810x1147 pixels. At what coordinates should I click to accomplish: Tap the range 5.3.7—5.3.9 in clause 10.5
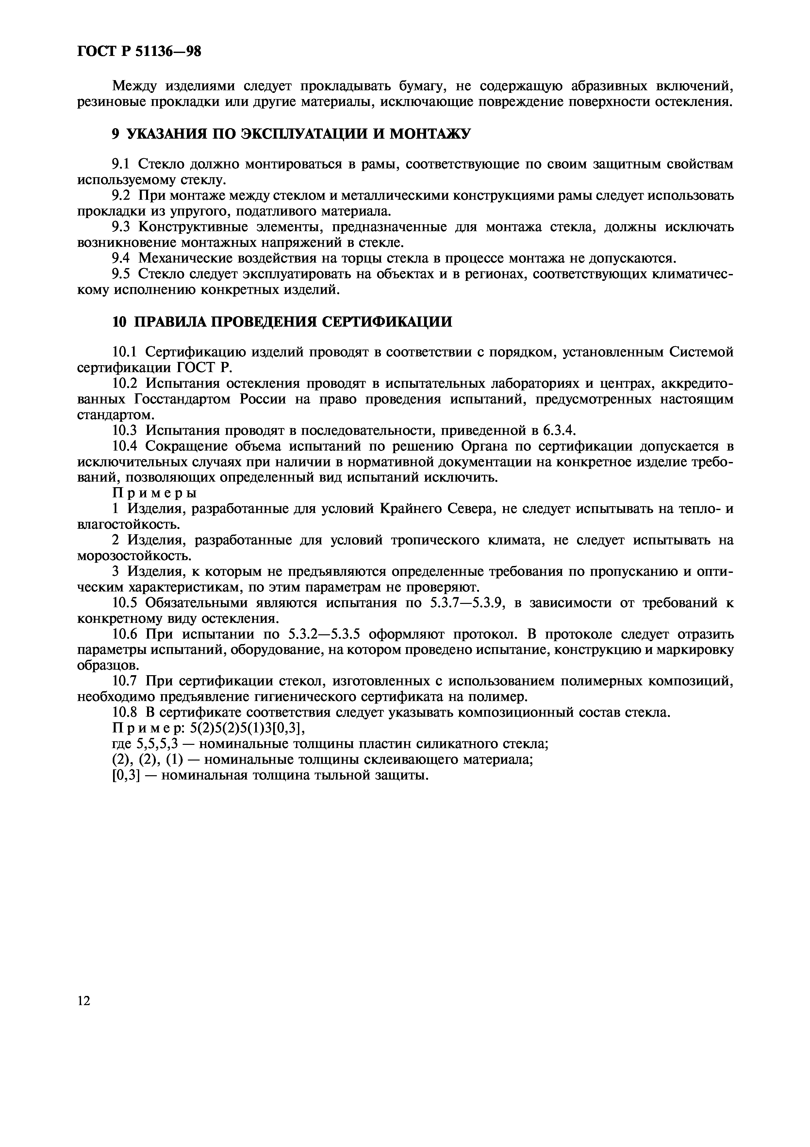click(469, 603)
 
